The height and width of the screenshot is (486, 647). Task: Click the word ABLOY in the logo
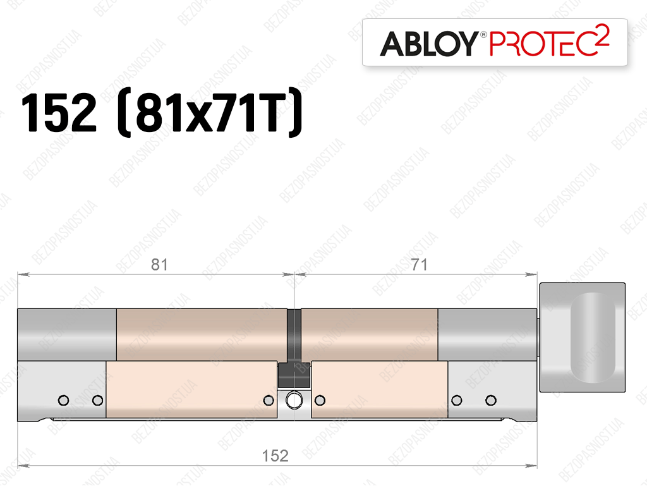(x=428, y=44)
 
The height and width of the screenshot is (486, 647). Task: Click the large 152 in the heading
(x=59, y=112)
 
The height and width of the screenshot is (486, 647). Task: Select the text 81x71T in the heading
(x=211, y=112)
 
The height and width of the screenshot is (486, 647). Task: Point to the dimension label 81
(x=159, y=264)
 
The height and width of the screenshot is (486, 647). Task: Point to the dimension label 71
(x=420, y=264)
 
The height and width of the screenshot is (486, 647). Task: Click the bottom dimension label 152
(x=275, y=456)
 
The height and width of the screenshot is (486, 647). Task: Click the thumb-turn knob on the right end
(x=582, y=337)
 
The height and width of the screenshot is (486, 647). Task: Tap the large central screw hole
(x=294, y=400)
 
